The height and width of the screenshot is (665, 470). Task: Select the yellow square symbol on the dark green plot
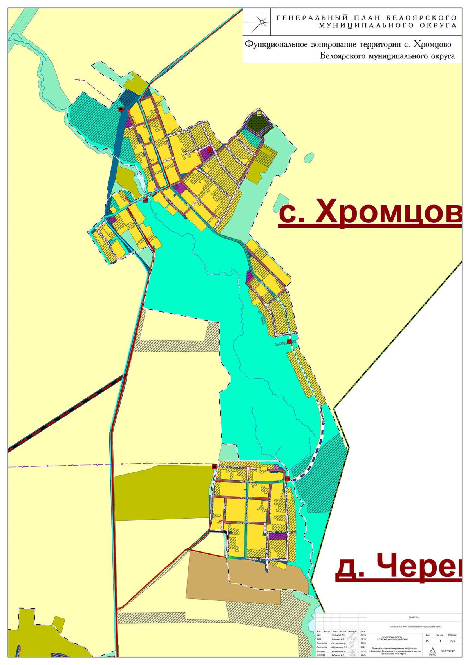click(x=259, y=113)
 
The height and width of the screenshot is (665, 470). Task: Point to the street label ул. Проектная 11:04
click(x=279, y=532)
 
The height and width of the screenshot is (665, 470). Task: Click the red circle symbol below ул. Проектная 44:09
click(x=289, y=342)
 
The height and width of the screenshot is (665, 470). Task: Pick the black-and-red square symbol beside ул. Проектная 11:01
click(x=214, y=467)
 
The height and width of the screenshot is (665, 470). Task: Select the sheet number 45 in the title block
click(x=427, y=641)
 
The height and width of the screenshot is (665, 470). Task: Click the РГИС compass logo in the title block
click(x=432, y=650)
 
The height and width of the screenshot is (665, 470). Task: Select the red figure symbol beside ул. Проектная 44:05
click(x=210, y=150)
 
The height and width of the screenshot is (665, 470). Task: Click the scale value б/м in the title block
click(x=453, y=641)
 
